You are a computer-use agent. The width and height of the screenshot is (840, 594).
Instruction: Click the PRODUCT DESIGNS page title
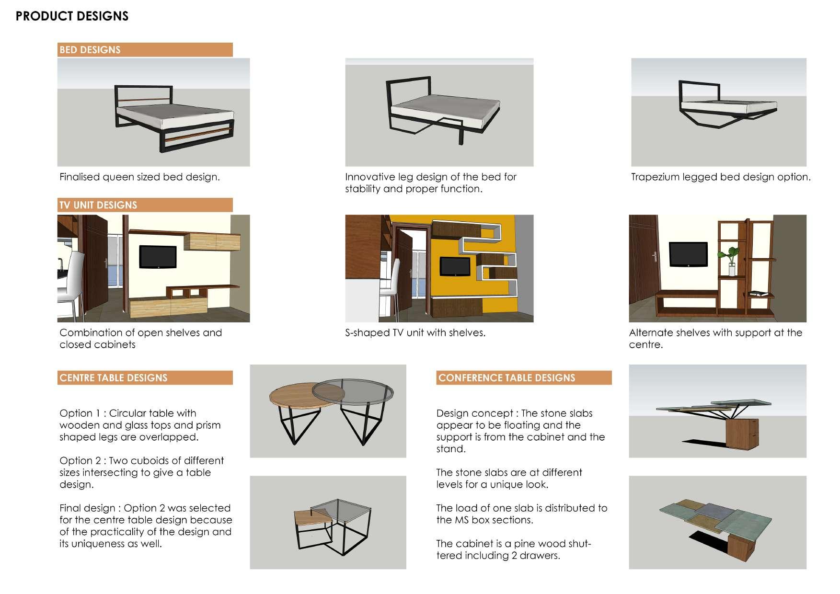[72, 16]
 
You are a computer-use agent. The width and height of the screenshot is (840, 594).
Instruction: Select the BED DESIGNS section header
[90, 50]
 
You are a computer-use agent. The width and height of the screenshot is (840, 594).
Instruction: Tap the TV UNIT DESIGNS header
[98, 205]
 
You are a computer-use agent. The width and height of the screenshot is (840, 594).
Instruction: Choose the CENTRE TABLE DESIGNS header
[113, 377]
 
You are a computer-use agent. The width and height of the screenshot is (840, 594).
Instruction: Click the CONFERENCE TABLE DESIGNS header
[506, 377]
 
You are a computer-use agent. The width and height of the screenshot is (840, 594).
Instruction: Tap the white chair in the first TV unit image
[72, 283]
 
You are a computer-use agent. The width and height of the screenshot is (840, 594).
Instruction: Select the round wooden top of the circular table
[292, 396]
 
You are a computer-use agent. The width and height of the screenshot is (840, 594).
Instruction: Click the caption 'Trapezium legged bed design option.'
[721, 177]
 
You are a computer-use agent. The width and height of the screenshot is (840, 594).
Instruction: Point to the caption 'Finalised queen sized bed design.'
[139, 177]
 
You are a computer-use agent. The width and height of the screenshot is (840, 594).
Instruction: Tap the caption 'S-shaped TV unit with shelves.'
[415, 332]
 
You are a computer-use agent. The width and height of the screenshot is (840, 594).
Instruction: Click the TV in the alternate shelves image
[688, 254]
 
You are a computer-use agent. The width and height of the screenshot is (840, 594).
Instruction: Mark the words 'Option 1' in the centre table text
[76, 413]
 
